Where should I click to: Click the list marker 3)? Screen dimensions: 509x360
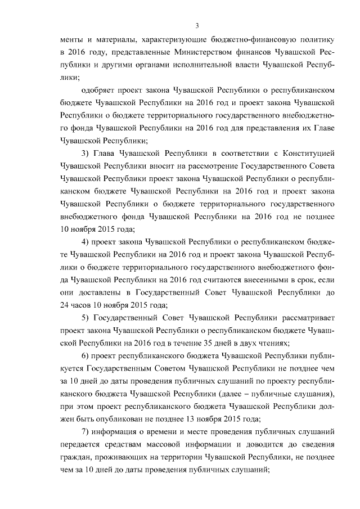click(86, 153)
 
